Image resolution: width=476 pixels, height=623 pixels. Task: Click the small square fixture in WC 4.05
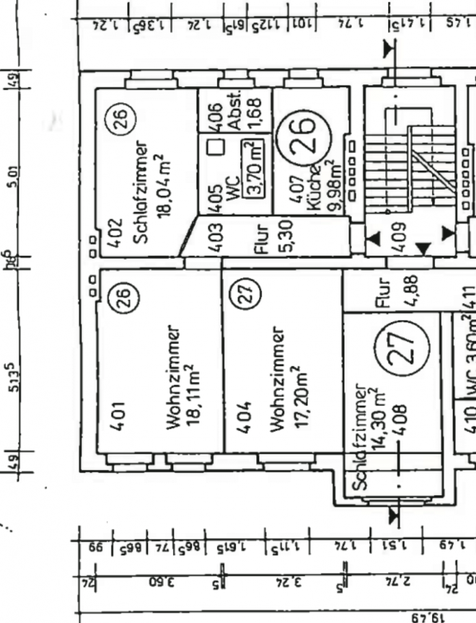click(214, 147)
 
